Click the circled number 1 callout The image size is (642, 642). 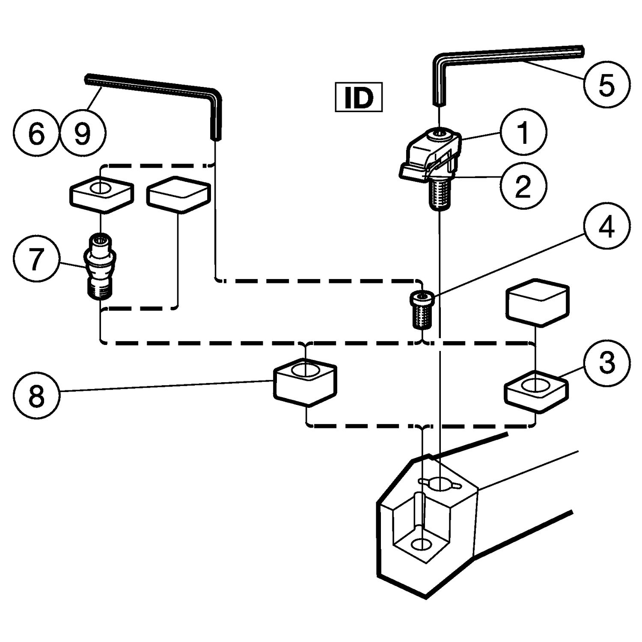pos(523,133)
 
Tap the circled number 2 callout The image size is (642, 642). pos(523,187)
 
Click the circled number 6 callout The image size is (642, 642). pos(36,134)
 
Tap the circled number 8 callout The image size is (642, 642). pos(36,396)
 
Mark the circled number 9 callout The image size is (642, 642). pos(82,134)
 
